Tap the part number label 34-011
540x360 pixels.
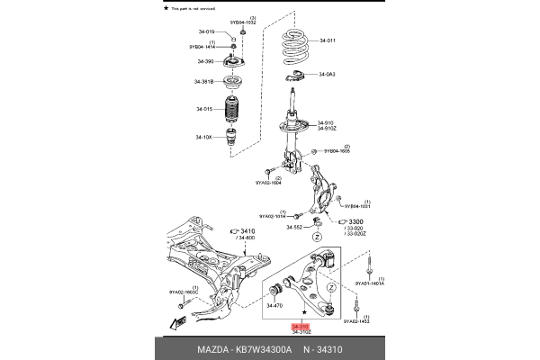tap(325, 41)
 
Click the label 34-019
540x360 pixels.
tap(204, 33)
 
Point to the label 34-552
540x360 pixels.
tap(296, 228)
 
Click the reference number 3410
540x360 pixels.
tap(247, 231)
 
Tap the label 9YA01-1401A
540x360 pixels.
tap(369, 283)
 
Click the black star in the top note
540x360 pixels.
tap(165, 6)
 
